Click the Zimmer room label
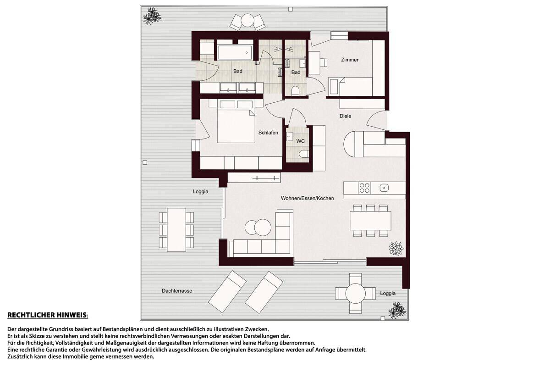pos(350,60)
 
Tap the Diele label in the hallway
pos(345,116)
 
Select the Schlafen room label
pos(268,133)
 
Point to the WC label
pos(301,141)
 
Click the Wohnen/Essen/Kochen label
pos(308,198)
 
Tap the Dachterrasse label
pos(177,291)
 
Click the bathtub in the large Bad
pos(235,52)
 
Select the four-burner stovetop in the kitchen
pos(364,188)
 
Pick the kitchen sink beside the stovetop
pos(384,188)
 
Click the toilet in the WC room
pos(304,154)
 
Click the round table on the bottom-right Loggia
pos(355,293)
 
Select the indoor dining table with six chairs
pos(370,221)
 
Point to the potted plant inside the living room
pos(396,248)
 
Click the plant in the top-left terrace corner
pos(152,16)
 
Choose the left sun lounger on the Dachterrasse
pos(227,291)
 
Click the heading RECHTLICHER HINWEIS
pos(47,315)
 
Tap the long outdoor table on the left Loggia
pos(176,230)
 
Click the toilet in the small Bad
pos(295,90)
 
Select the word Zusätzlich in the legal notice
pos(19,356)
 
